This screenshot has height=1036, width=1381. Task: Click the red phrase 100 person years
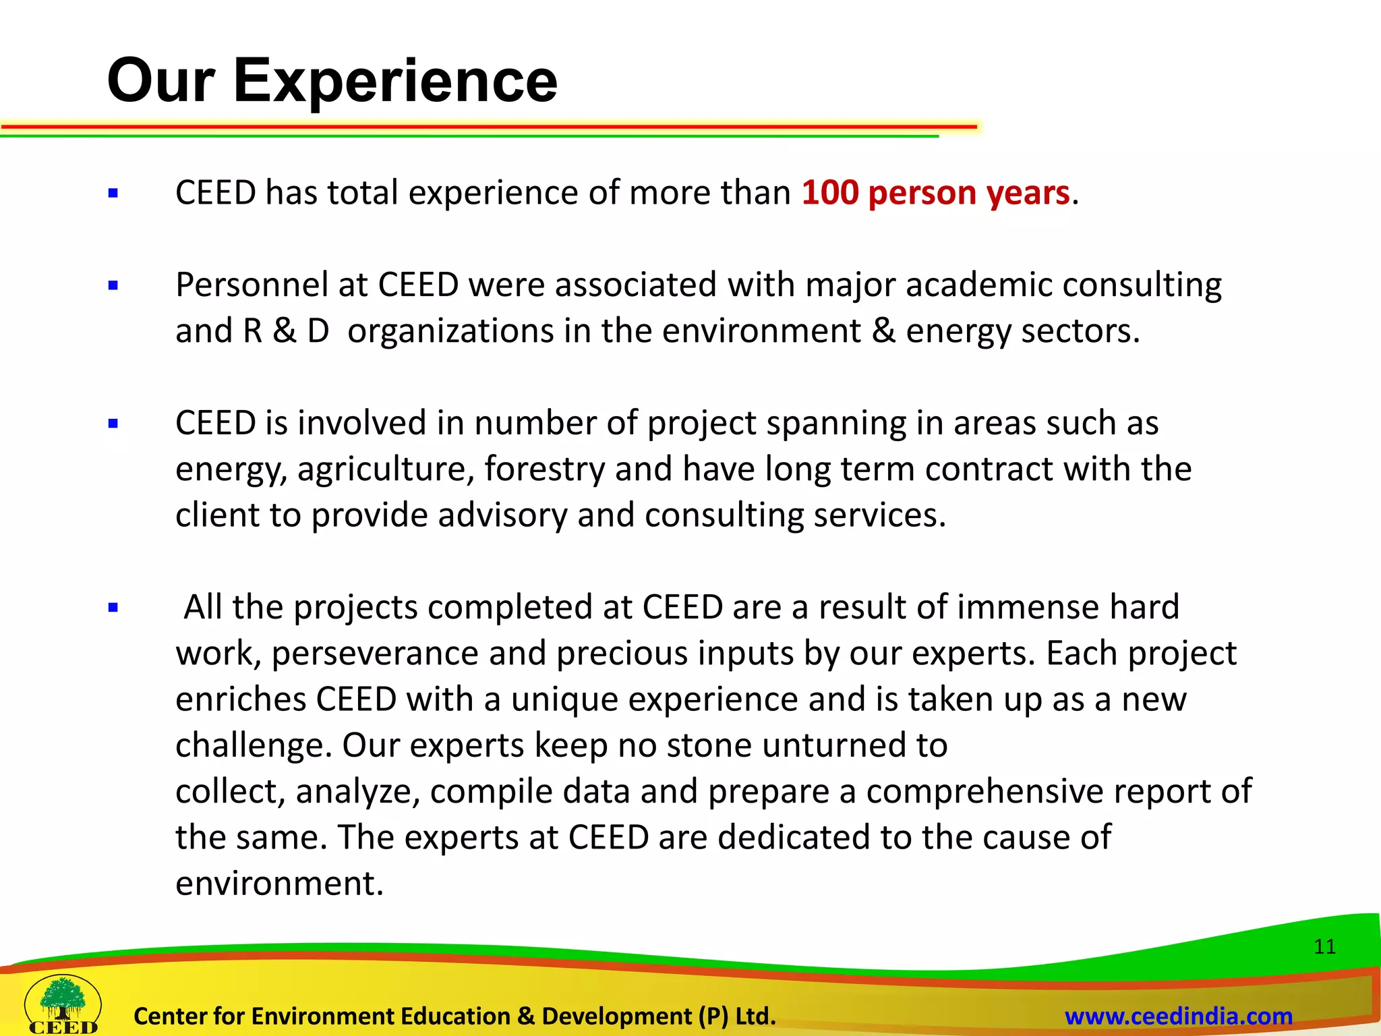click(935, 193)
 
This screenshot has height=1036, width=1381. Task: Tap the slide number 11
click(1324, 946)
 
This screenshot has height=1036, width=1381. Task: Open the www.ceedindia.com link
click(1178, 1016)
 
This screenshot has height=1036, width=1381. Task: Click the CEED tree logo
click(63, 1004)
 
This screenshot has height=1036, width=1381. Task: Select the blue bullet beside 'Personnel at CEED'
click(113, 286)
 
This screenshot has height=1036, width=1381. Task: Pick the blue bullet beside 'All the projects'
click(113, 608)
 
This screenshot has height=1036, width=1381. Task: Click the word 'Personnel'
click(252, 285)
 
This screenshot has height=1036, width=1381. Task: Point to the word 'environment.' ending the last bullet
click(279, 884)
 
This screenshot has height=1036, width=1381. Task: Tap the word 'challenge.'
click(254, 746)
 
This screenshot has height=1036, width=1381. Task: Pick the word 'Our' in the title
click(160, 81)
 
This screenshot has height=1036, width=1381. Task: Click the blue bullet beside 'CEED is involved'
click(113, 424)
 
